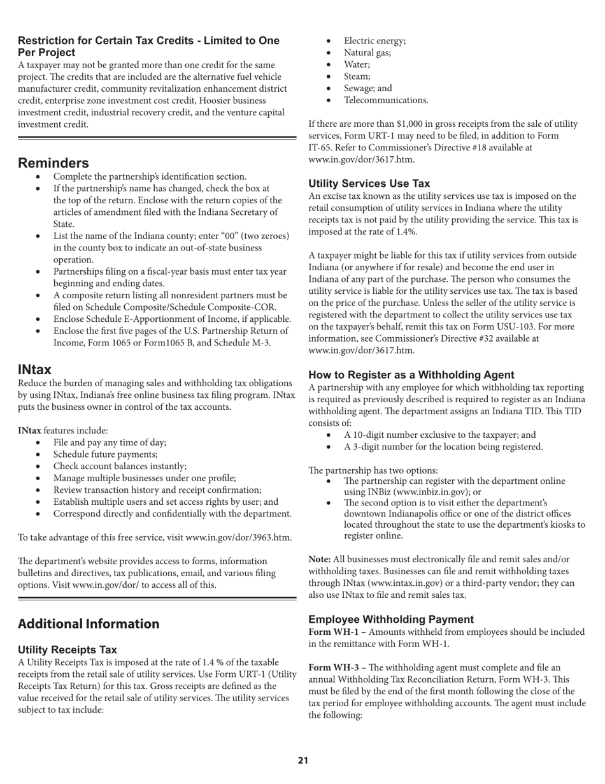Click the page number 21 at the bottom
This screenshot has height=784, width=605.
[302, 760]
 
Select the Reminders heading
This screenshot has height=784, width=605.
[53, 163]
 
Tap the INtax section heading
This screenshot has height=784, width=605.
[34, 370]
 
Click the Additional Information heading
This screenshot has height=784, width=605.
[89, 624]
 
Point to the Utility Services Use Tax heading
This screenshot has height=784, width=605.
[369, 184]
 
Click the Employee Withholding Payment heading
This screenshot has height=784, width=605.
[391, 620]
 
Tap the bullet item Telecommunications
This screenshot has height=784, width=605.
[386, 100]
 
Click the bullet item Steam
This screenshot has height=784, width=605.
[357, 76]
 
